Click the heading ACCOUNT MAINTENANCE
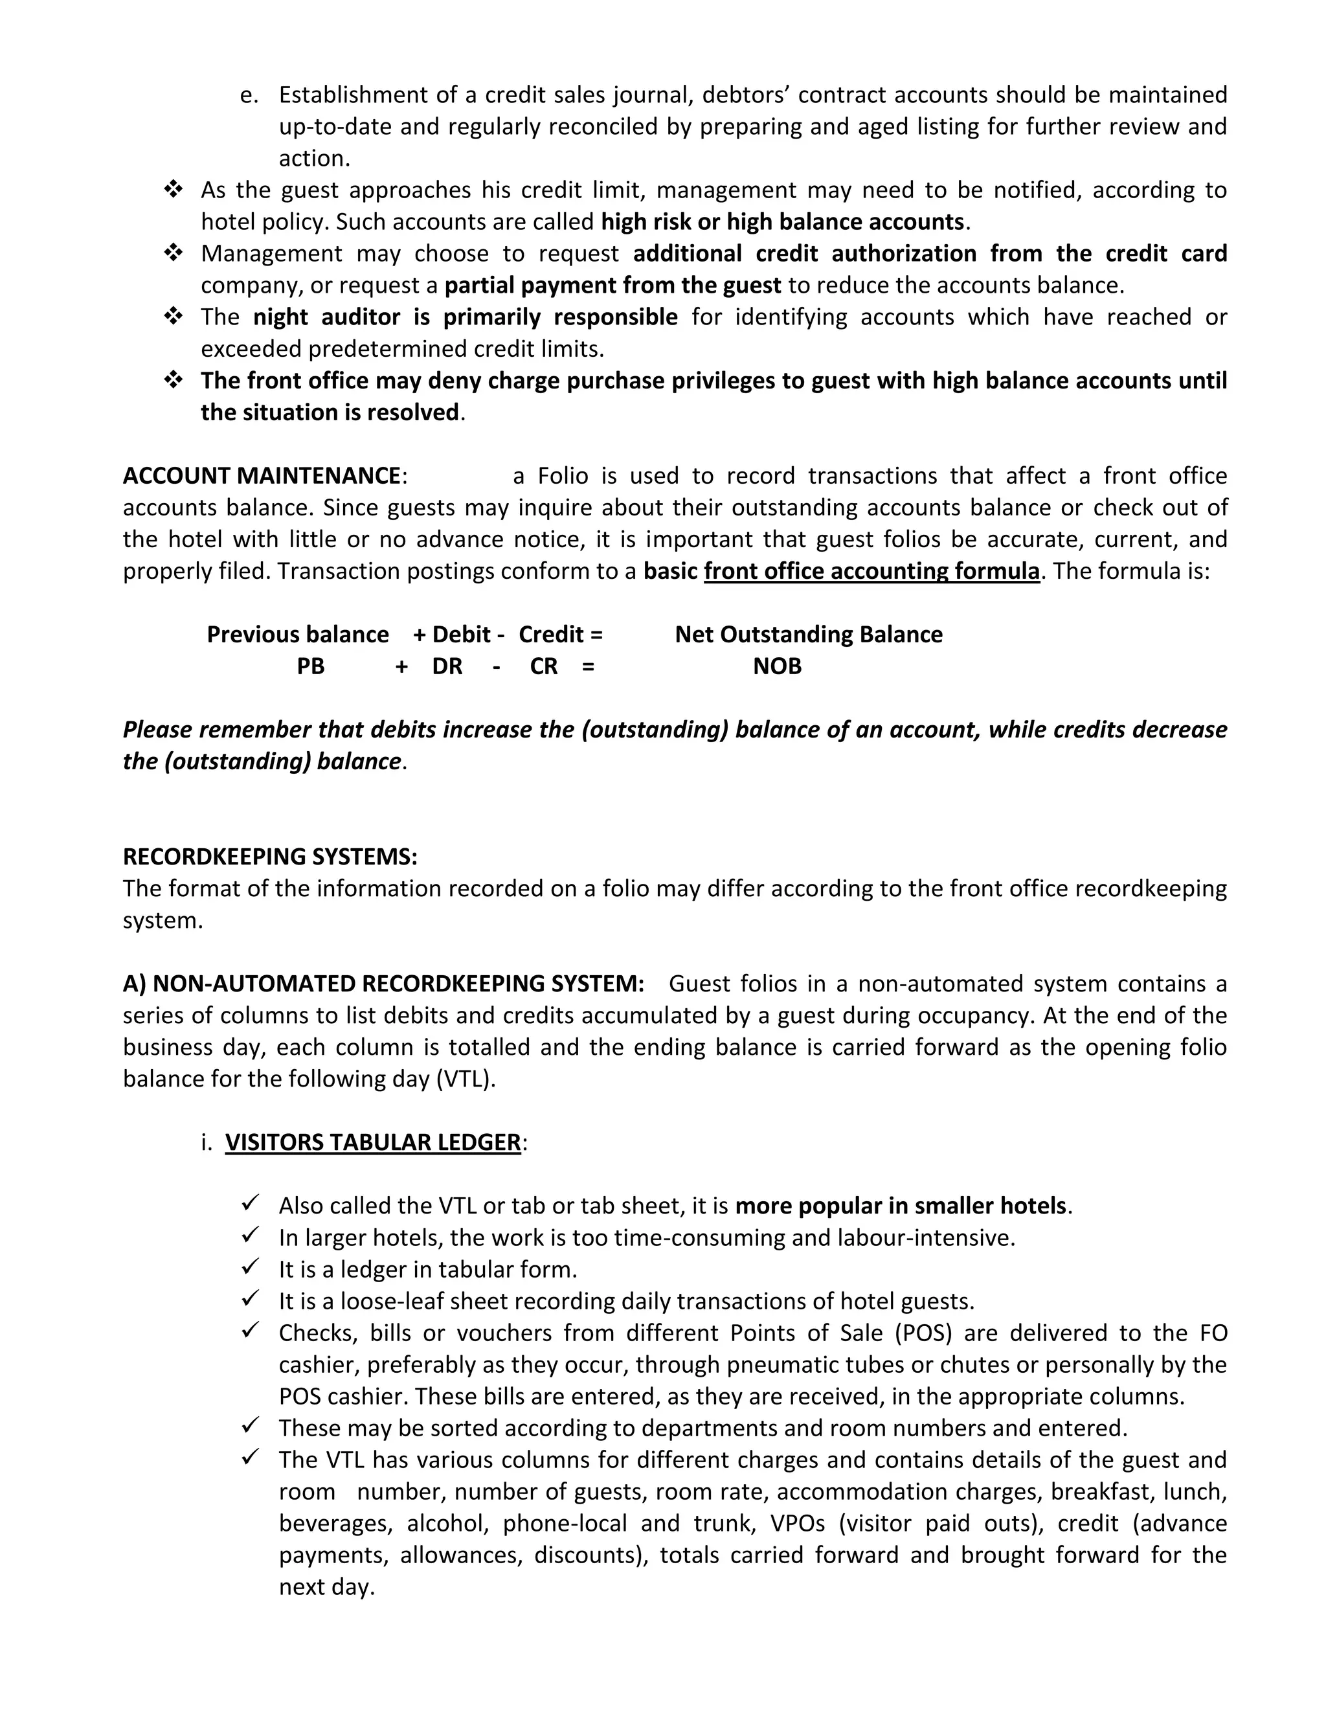click(262, 476)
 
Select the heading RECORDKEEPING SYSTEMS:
click(269, 857)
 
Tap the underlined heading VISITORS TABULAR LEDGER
click(372, 1142)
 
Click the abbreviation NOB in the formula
click(777, 666)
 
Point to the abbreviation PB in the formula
click(310, 666)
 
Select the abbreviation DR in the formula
click(447, 666)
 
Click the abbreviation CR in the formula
click(544, 666)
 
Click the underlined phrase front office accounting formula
click(871, 571)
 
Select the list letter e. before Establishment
click(249, 95)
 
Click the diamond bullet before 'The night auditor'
click(173, 317)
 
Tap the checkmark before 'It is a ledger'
click(251, 1268)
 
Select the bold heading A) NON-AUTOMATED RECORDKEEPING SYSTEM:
click(383, 984)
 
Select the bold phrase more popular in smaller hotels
click(900, 1206)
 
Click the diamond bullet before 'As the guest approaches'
click(173, 189)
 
